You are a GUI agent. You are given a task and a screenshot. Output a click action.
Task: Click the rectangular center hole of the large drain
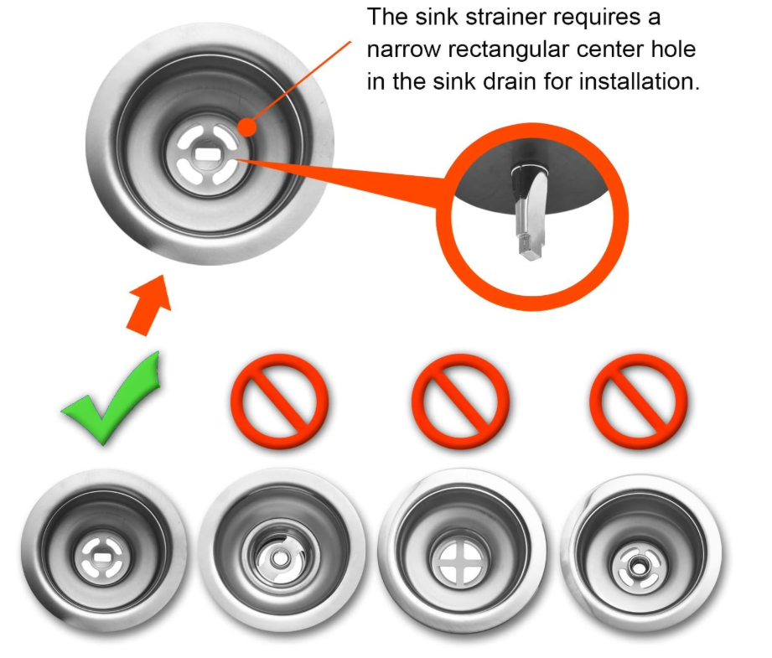point(207,153)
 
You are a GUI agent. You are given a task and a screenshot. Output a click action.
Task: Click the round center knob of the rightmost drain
point(636,567)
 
